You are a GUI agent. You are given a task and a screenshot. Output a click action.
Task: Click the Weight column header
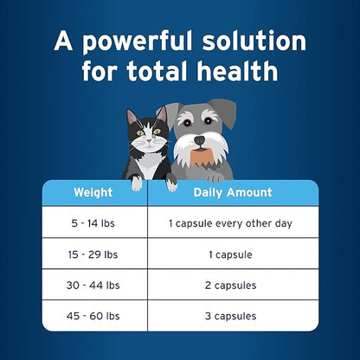pyautogui.click(x=93, y=192)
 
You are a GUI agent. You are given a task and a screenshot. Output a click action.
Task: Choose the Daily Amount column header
pyautogui.click(x=231, y=192)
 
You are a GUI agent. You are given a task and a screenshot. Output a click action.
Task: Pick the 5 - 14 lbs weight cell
pyautogui.click(x=93, y=223)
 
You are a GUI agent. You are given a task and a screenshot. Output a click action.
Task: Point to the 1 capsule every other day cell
pyautogui.click(x=231, y=223)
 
